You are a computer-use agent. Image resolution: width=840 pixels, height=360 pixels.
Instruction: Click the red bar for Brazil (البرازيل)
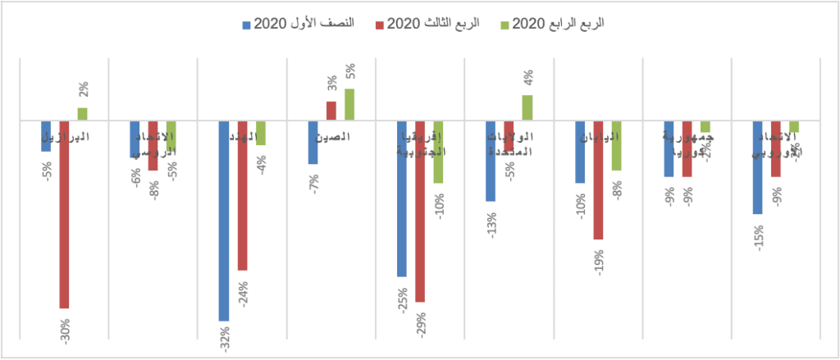coord(64,214)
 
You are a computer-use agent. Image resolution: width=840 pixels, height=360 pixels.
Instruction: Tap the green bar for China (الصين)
coord(349,105)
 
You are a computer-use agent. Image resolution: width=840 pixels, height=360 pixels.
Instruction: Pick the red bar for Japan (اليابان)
coord(598,180)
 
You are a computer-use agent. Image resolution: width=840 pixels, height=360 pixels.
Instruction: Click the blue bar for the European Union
coord(757,167)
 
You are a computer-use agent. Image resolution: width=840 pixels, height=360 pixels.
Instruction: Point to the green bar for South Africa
coord(438,152)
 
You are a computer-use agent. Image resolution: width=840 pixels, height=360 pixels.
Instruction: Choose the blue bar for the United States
coord(491,161)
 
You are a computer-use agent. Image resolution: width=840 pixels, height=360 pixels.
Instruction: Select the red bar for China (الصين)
coord(331,111)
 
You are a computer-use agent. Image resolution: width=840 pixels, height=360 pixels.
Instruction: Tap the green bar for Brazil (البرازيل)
coord(82,114)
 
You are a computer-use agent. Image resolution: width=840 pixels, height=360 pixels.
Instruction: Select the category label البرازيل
coord(66,136)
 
